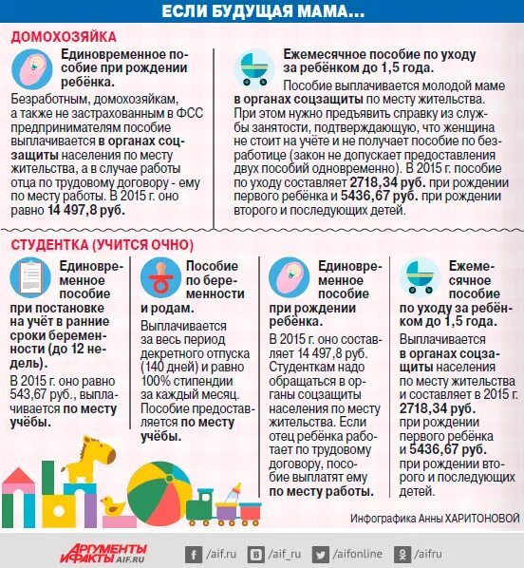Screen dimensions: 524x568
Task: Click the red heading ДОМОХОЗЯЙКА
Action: [x=64, y=37]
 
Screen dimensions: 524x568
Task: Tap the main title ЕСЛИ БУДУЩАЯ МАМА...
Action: [x=263, y=11]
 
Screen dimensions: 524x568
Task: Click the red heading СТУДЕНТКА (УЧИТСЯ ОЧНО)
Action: [x=103, y=245]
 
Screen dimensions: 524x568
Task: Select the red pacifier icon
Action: [x=160, y=277]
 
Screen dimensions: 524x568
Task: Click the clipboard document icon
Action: [x=30, y=277]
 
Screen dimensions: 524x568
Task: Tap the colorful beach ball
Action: [x=159, y=493]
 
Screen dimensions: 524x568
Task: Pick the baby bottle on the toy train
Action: [x=232, y=493]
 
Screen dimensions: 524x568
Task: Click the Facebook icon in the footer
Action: [x=194, y=555]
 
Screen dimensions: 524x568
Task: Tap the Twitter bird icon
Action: [x=321, y=555]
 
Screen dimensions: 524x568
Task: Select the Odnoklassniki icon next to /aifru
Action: [x=402, y=555]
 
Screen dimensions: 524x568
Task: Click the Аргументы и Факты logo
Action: [x=103, y=553]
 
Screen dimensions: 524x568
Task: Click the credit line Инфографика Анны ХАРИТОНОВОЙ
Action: [x=435, y=518]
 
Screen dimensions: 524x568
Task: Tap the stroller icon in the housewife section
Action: [x=254, y=68]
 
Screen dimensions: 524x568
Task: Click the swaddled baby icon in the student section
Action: [x=289, y=277]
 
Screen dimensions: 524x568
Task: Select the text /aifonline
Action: [x=358, y=554]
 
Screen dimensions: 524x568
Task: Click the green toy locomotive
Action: [x=201, y=506]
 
